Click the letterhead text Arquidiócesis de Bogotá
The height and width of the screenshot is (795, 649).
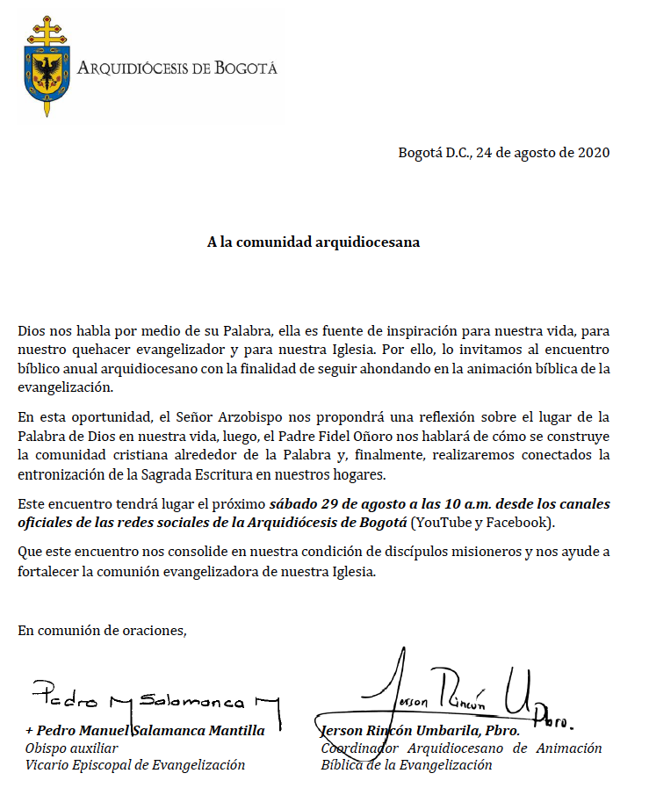[177, 69]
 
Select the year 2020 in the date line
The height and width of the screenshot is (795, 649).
[593, 152]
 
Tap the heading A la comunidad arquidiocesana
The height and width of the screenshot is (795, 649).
[313, 242]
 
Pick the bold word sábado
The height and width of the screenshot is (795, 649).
[293, 503]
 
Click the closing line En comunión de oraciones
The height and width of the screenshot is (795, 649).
[102, 629]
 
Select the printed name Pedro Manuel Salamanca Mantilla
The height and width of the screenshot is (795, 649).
[145, 730]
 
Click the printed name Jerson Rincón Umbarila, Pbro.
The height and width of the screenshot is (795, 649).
[420, 730]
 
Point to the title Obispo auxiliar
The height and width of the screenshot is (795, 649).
[71, 748]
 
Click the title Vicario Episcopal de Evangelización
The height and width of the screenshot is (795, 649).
[134, 764]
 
